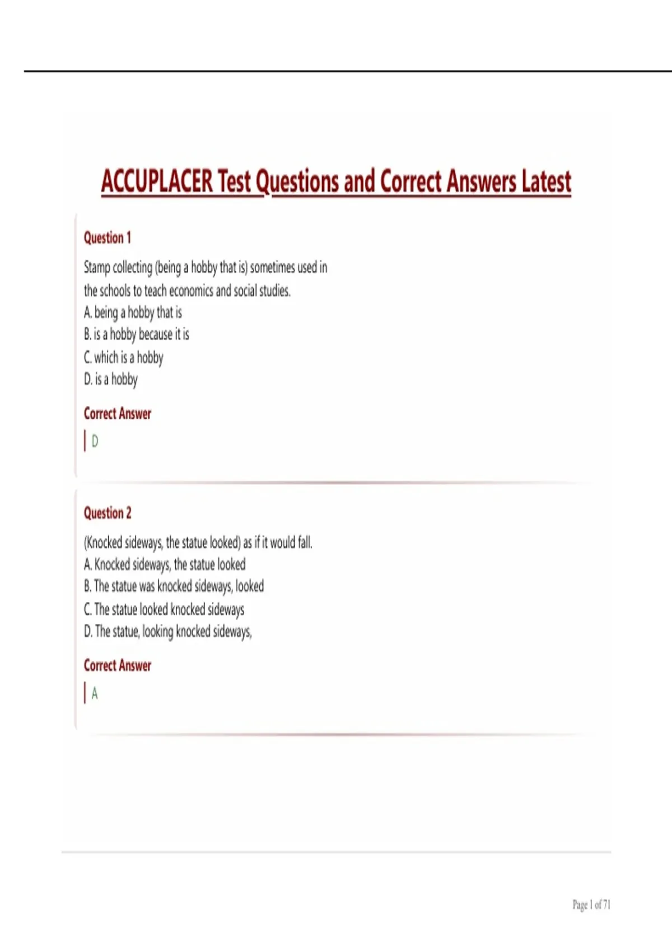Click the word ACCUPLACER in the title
[x=157, y=181]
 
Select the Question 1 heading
[x=108, y=238]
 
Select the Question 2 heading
[x=108, y=513]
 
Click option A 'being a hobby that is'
[x=133, y=312]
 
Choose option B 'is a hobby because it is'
[x=137, y=334]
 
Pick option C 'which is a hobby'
[x=124, y=357]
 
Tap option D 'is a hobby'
[x=111, y=380]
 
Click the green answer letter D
[x=95, y=442]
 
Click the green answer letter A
[x=95, y=694]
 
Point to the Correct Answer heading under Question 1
[x=118, y=414]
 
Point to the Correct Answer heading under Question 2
[x=118, y=666]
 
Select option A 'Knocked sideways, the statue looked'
[x=165, y=564]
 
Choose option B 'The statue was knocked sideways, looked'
[x=174, y=586]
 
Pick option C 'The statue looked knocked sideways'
[x=164, y=609]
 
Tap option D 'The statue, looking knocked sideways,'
[x=168, y=632]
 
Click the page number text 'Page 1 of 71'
[x=591, y=904]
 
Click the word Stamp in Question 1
[x=97, y=268]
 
